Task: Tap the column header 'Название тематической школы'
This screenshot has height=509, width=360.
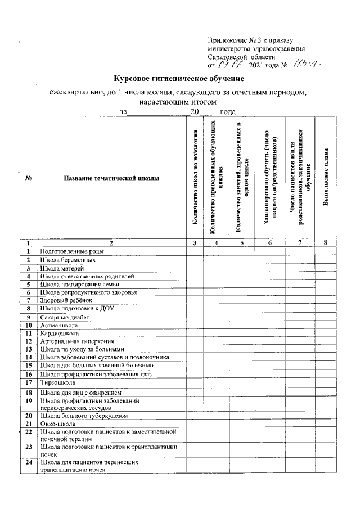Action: pos(111,179)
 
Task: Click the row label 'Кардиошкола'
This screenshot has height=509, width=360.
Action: pos(55,333)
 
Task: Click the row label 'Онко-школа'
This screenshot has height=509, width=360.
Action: pos(55,424)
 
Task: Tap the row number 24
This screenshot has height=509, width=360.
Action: pos(28,464)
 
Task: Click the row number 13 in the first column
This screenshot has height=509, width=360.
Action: pos(28,349)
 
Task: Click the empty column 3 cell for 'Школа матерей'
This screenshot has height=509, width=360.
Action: pos(195,268)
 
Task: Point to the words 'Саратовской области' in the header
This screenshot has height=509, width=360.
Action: pos(241,57)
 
